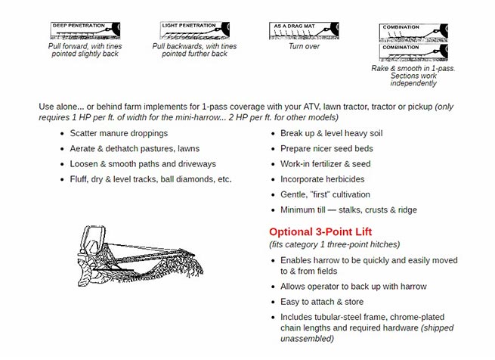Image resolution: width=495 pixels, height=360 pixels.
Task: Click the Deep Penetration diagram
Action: coord(85,31)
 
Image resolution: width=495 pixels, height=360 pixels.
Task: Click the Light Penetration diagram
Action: coord(194,31)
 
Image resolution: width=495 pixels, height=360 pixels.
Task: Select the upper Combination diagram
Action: coord(413,33)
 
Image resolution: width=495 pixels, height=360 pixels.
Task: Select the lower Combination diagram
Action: coord(413,53)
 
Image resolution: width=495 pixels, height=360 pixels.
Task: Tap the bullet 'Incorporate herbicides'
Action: coord(322,179)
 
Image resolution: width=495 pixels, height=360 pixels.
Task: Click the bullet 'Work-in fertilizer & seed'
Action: coord(326,164)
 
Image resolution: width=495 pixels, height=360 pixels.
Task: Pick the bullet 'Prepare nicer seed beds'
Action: coord(326,149)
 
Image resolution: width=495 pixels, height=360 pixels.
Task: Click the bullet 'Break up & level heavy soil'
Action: coord(332,134)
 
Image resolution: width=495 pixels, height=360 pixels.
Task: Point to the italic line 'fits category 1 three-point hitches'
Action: coord(334,244)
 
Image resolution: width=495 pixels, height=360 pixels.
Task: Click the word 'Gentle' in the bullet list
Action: coord(295,194)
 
